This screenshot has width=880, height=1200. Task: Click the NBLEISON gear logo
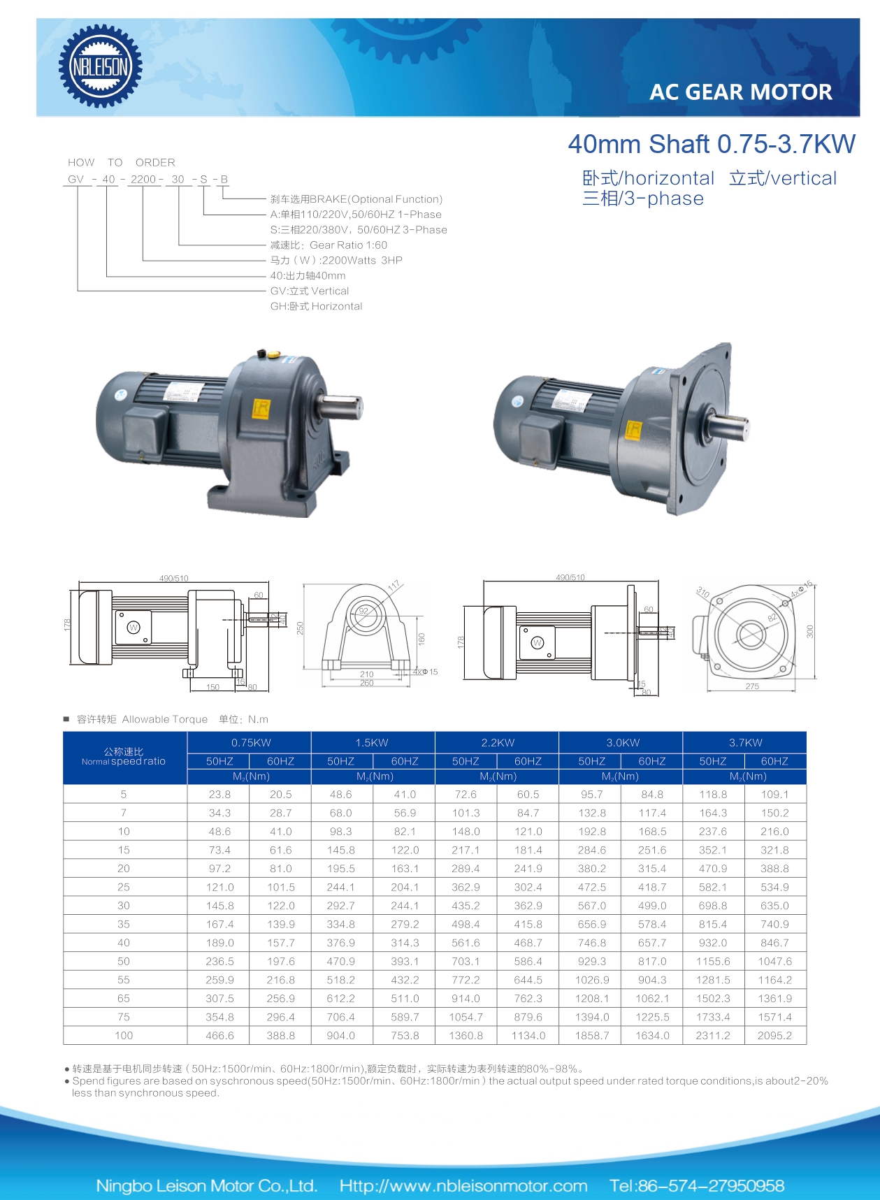(101, 66)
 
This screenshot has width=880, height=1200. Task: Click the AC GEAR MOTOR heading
(740, 92)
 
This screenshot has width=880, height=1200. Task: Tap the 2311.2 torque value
(712, 1036)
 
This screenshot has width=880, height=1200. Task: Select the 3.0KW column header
(622, 742)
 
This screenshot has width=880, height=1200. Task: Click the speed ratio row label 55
(124, 980)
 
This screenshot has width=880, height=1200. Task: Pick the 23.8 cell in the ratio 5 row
(219, 795)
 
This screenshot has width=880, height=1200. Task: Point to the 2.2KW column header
(497, 742)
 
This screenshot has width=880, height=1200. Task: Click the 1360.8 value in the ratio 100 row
(466, 1036)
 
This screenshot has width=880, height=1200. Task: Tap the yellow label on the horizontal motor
(261, 409)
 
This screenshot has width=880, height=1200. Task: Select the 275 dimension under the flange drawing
(751, 686)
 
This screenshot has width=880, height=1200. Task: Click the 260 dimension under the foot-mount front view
(366, 683)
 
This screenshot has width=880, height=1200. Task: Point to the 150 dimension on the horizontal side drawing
(212, 687)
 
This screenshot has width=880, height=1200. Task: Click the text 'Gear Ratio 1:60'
(348, 245)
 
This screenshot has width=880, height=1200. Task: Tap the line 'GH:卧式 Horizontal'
(316, 306)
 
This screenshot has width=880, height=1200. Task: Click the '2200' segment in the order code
(143, 180)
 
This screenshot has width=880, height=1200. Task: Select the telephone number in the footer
(696, 1185)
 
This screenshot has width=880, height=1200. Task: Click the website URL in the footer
(463, 1185)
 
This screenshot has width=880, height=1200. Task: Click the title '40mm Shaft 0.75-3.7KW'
(711, 144)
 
